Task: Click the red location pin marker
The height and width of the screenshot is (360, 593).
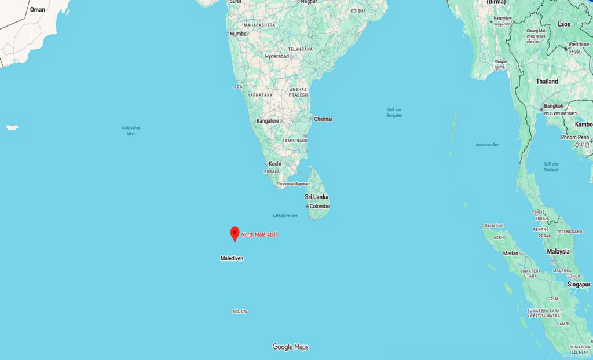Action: coord(235,233)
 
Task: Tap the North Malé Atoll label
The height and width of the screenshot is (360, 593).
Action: coord(259,234)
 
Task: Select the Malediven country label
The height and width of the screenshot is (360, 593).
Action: coord(232,258)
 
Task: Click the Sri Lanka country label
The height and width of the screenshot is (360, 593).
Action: coord(317,197)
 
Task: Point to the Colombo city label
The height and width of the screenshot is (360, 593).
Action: coord(319,206)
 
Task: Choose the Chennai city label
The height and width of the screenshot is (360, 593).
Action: coord(323,119)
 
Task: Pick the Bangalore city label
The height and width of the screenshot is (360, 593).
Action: coord(268,121)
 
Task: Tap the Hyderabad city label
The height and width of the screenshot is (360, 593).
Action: coord(277,56)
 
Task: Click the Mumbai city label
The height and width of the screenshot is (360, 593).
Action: coord(239,34)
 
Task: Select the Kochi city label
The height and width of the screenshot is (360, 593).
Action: coord(274,164)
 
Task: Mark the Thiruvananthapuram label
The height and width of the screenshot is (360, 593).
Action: coord(293,184)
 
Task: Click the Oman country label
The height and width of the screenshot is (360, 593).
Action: coord(38,10)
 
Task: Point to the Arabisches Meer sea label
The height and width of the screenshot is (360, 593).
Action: coord(131,130)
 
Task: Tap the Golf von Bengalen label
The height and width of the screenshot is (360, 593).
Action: coord(394,112)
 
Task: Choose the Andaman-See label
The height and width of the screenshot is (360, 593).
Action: coord(487,144)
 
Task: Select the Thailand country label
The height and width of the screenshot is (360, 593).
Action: coord(547,82)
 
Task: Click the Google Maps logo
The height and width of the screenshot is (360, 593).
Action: coord(290,347)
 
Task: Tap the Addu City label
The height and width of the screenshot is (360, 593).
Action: coord(240,311)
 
